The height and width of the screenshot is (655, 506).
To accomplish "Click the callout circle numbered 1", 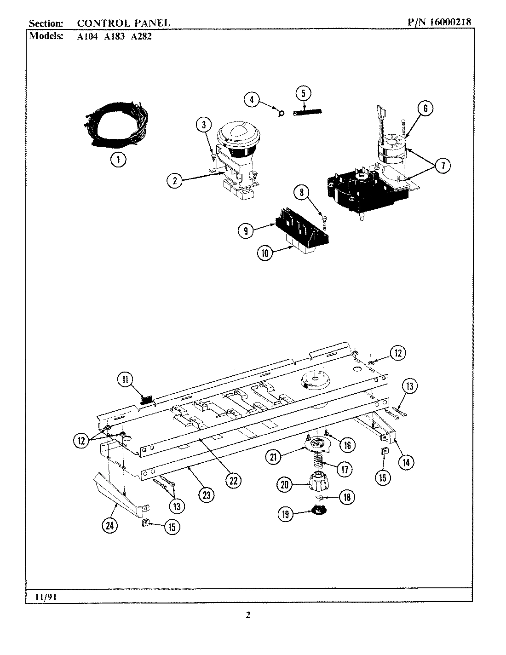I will coord(118,160).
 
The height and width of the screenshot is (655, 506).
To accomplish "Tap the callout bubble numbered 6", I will coord(425,109).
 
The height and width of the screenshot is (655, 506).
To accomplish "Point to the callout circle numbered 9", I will coord(246,230).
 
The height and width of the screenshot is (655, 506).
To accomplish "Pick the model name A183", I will coord(113,37).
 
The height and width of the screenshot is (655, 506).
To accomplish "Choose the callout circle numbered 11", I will coord(125,380).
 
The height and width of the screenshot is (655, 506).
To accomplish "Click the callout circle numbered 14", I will coord(405,462).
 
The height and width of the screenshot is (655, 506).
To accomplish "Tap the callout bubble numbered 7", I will coord(443,166).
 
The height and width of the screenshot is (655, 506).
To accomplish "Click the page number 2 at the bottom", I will coord(248,615).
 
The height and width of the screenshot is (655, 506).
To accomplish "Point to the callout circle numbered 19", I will coord(285,514).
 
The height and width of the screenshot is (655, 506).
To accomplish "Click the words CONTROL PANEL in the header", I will coord(123,22).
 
